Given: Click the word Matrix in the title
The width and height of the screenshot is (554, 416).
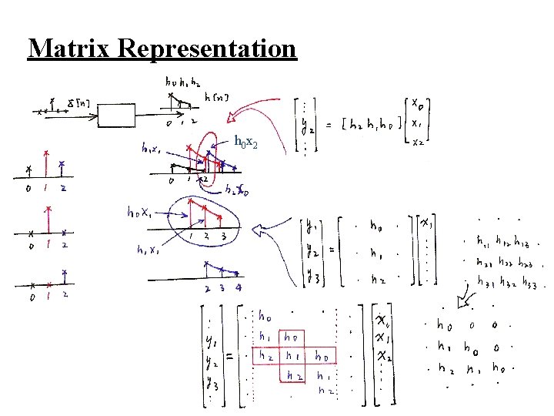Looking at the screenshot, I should pos(72,48).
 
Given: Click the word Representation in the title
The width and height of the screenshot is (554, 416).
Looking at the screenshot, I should pos(208,48).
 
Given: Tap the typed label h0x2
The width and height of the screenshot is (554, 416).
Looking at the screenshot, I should pos(252,140).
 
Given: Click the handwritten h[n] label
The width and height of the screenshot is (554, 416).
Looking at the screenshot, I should pos(216,97).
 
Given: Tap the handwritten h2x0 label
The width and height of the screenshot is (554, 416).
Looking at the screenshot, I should pos(235,190).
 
